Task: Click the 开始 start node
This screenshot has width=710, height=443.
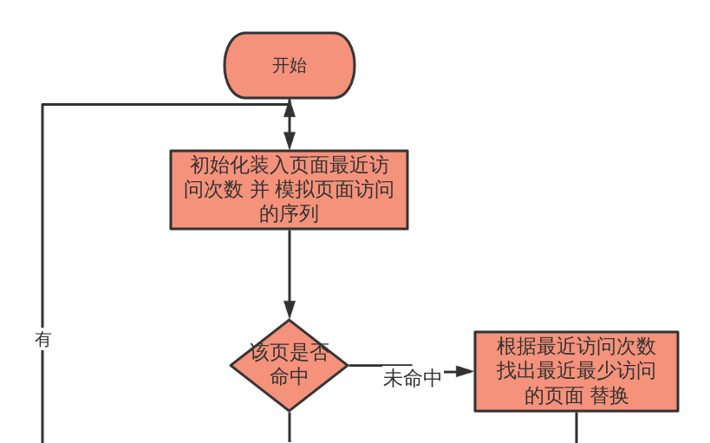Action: point(289,66)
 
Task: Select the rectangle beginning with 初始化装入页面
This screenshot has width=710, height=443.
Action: point(289,189)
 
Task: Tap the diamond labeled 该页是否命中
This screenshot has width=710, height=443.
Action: point(289,365)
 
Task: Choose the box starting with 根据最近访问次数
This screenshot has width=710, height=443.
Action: point(576,370)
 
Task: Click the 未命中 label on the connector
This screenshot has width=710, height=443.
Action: point(412,378)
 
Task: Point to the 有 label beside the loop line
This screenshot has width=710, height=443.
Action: point(42,339)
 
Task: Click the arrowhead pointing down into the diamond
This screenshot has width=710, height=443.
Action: point(289,310)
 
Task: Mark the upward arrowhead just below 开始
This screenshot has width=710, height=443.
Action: point(289,109)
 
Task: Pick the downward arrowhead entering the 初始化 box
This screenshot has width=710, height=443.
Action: point(289,141)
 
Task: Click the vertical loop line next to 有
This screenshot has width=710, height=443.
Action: point(42,260)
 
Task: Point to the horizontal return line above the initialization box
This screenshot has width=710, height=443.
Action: point(165,105)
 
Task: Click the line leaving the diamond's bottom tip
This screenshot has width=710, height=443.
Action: point(289,427)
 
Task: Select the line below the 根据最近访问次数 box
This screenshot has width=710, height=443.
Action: point(576,427)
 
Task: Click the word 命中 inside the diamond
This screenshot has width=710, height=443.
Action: point(289,377)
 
